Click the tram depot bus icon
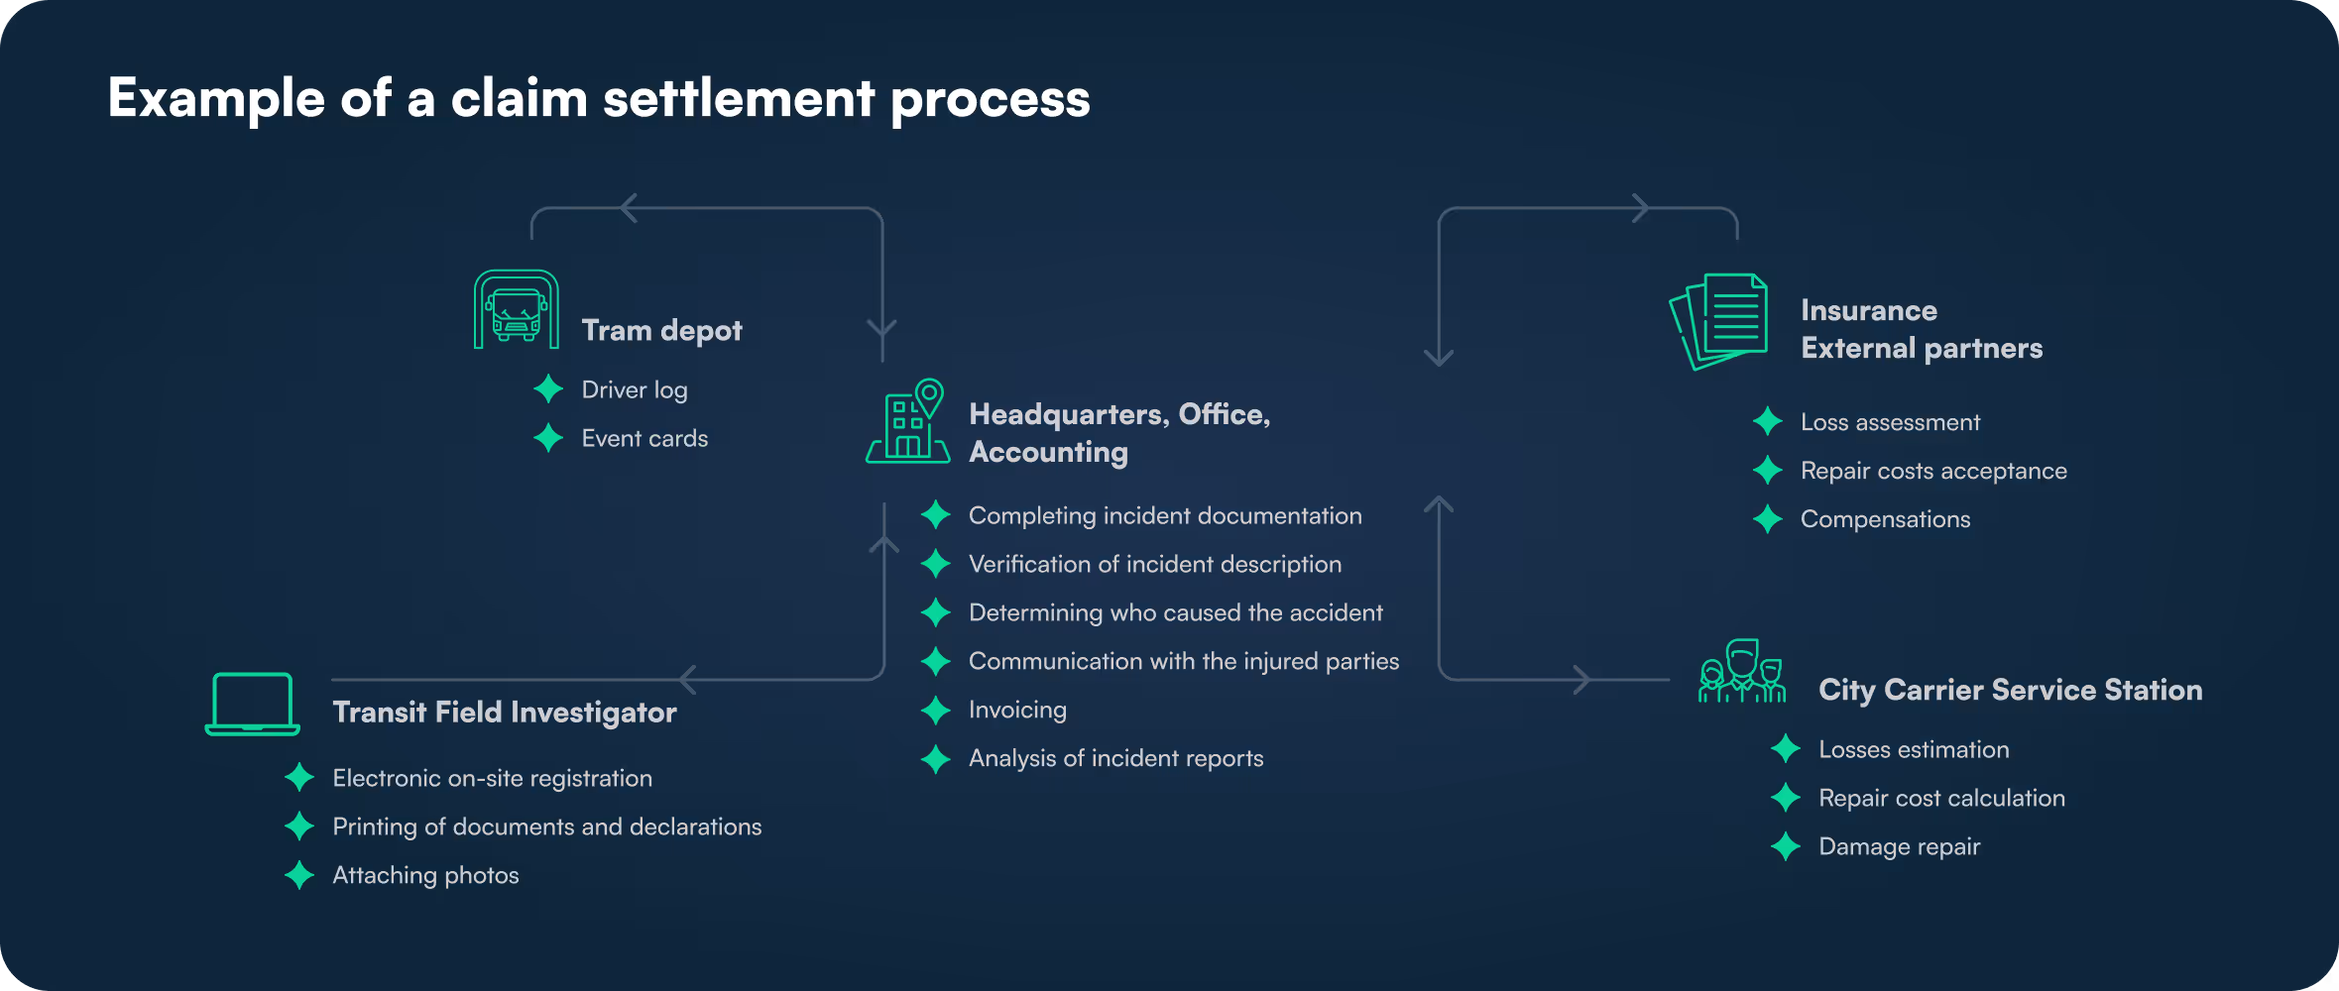point(516,309)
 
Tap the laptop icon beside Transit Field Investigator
point(252,705)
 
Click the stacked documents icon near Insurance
point(1719,321)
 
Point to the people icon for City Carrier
point(1742,672)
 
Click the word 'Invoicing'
point(1017,710)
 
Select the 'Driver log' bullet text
point(635,389)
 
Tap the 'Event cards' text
point(644,438)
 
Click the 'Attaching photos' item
point(425,875)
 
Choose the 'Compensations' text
point(1885,519)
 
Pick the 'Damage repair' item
point(1899,846)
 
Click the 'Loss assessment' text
point(1890,422)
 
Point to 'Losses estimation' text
point(1914,749)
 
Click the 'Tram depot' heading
point(661,330)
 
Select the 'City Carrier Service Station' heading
point(2010,690)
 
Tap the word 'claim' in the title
point(519,99)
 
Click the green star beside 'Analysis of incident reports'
point(935,759)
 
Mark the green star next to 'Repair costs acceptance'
point(1767,471)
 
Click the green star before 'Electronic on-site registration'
point(299,778)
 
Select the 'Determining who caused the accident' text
point(1175,612)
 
